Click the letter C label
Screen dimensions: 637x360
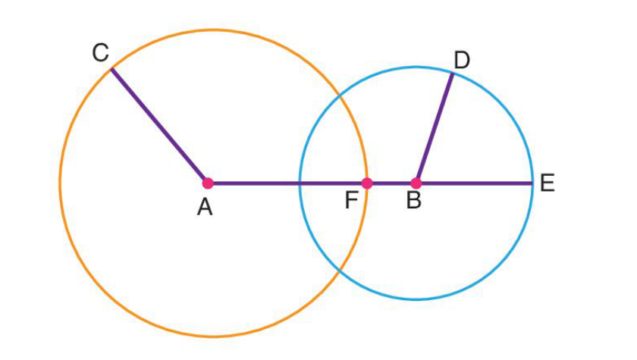(100, 53)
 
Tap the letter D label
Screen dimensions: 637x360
(462, 60)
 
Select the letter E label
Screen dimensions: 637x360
(548, 183)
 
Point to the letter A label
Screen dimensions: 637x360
(205, 207)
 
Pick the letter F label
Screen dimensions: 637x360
(351, 200)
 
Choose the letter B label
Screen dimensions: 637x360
(413, 200)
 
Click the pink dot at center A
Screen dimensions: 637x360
(208, 183)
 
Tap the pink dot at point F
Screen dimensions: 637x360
(367, 183)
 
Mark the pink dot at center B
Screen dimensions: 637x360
(416, 183)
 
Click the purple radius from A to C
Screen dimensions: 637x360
(158, 125)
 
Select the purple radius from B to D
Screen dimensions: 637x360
(435, 128)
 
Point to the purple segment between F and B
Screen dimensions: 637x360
(391, 183)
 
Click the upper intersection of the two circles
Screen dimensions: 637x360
(340, 96)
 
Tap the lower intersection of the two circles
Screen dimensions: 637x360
(340, 270)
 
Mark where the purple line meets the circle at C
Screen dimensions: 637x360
(111, 70)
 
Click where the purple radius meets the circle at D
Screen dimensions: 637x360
(453, 74)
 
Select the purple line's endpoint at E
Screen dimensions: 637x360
(532, 183)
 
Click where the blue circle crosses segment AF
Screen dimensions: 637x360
(300, 183)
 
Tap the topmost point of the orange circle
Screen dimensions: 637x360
(213, 30)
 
